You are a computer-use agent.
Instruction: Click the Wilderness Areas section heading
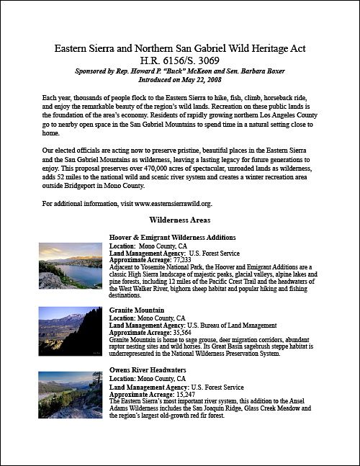[180, 221]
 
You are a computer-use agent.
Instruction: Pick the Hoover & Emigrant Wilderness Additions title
[172, 238]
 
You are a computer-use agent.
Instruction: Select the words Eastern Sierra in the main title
[86, 49]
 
